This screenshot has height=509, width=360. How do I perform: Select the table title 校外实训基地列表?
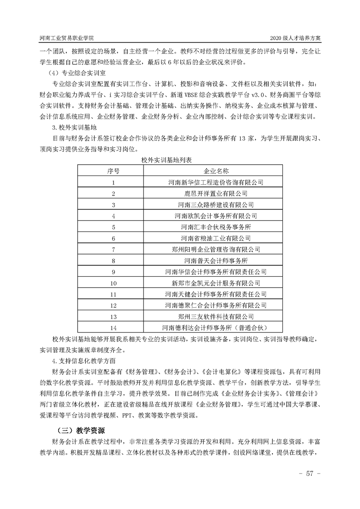click(168, 161)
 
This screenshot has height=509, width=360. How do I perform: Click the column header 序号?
click(113, 171)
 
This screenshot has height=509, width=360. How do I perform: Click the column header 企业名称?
click(216, 171)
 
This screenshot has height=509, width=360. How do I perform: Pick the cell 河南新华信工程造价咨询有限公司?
click(216, 182)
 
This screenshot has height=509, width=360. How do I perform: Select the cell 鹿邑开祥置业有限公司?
click(216, 193)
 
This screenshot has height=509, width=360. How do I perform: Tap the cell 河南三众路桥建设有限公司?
click(216, 205)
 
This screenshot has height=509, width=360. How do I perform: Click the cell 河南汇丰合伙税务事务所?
click(216, 227)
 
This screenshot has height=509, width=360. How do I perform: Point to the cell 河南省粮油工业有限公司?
click(216, 238)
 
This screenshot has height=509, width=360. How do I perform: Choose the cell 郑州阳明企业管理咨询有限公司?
click(216, 249)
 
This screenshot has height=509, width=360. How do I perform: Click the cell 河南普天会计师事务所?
click(216, 260)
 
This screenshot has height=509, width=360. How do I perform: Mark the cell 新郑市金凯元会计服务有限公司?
click(216, 283)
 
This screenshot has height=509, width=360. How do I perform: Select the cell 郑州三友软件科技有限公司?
click(216, 316)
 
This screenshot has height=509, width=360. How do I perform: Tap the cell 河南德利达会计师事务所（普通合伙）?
click(216, 327)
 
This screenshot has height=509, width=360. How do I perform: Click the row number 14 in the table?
click(113, 327)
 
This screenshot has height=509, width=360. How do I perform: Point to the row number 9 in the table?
click(113, 271)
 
